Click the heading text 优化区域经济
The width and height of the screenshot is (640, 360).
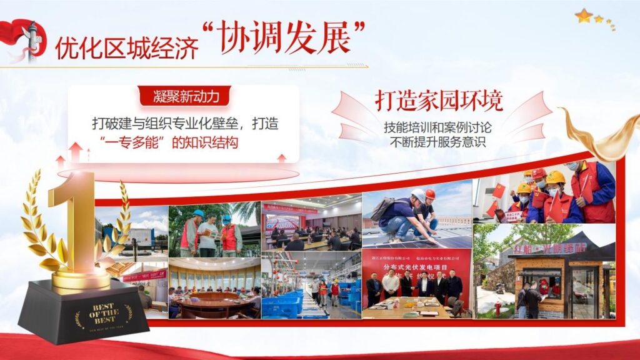click(x=126, y=46)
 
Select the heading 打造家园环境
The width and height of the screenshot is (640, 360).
click(x=439, y=100)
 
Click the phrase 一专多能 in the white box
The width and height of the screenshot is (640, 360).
click(x=134, y=142)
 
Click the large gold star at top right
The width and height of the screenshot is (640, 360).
click(x=584, y=16)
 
